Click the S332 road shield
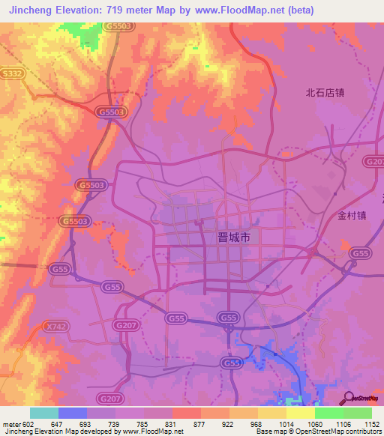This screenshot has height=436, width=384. click(x=11, y=73)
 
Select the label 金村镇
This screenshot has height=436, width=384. click(x=351, y=214)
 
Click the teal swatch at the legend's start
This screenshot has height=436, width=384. click(x=44, y=413)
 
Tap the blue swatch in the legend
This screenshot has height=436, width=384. click(x=73, y=413)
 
